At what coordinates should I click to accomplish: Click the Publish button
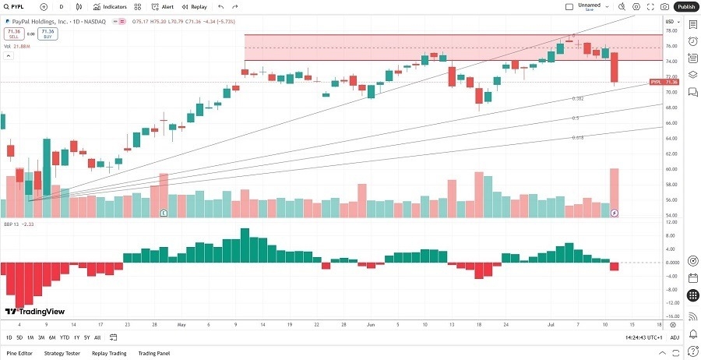[x=685, y=6]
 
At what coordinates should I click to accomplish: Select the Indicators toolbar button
[x=110, y=6]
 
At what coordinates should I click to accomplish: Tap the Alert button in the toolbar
[x=163, y=6]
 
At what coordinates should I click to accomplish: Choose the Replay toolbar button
[x=196, y=6]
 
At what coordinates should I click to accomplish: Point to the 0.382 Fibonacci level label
[x=578, y=99]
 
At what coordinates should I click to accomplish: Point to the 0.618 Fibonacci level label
[x=578, y=137]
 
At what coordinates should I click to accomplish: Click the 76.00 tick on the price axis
[x=671, y=47]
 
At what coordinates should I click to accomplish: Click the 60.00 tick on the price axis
[x=671, y=168]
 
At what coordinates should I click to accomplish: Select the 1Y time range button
[x=76, y=337]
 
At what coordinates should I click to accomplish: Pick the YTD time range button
[x=64, y=337]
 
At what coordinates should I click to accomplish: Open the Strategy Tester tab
[x=62, y=353]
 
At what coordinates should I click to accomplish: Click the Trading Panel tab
[x=153, y=353]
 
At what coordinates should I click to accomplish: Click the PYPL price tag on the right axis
[x=664, y=82]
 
